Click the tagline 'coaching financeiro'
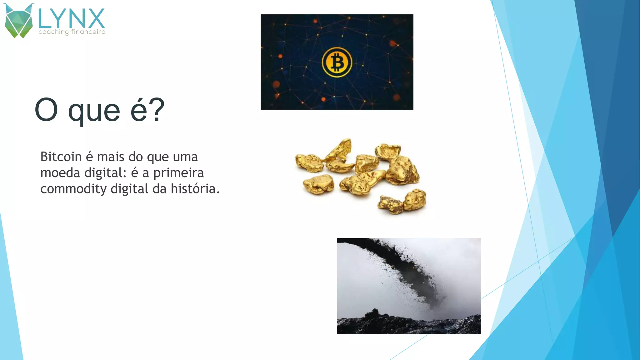(x=72, y=32)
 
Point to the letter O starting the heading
(x=46, y=110)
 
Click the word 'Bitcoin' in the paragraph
(x=61, y=157)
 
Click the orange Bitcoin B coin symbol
(x=337, y=62)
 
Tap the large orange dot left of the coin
(x=276, y=84)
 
